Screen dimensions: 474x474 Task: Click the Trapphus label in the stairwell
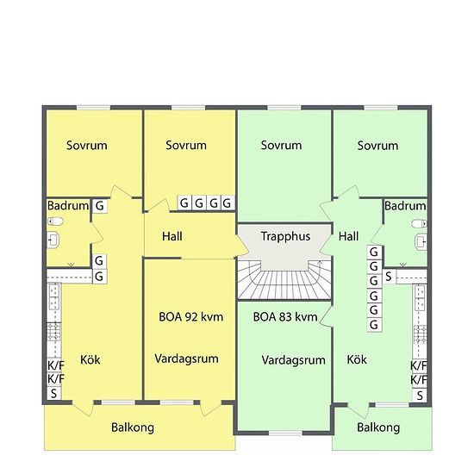[x=285, y=236]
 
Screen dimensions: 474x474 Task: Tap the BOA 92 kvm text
[x=190, y=317]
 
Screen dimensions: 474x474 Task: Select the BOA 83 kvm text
[x=285, y=317]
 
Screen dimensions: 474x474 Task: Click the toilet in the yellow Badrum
[x=55, y=221]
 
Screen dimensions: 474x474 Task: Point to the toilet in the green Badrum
[x=420, y=224]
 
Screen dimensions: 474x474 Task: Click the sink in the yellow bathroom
[x=53, y=240]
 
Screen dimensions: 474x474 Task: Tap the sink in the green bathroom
[x=421, y=242]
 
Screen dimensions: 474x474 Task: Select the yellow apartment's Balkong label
[x=133, y=427]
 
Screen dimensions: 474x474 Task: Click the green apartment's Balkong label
[x=378, y=427]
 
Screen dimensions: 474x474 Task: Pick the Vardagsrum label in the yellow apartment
[x=186, y=359]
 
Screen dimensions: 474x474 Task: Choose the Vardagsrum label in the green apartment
[x=294, y=360]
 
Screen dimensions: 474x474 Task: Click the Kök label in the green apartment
[x=357, y=359]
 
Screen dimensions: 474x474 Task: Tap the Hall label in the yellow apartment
[x=172, y=236]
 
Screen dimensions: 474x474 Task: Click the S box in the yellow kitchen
[x=53, y=394]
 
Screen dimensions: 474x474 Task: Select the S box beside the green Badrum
[x=389, y=277]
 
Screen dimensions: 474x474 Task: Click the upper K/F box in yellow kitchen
[x=55, y=365]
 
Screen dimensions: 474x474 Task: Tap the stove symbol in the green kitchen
[x=420, y=334]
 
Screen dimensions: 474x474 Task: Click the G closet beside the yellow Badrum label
[x=99, y=206]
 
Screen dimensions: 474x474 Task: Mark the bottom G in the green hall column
[x=374, y=325]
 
